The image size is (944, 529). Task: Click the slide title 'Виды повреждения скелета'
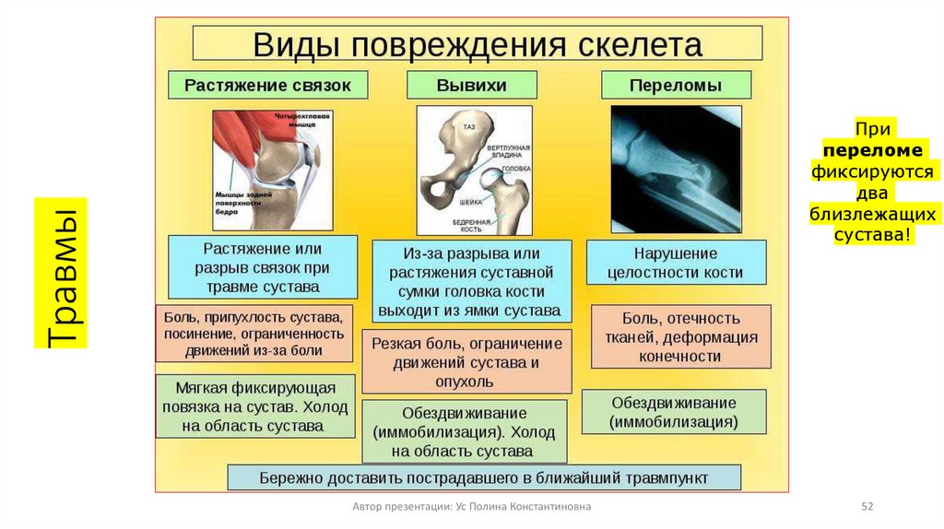[477, 43]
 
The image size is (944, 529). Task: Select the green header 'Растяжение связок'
[267, 85]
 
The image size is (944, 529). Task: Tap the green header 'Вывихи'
[472, 86]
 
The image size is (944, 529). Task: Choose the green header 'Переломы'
[676, 86]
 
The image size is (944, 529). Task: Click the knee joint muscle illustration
[273, 170]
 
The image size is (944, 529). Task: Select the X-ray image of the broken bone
[676, 170]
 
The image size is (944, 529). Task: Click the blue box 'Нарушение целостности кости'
[676, 263]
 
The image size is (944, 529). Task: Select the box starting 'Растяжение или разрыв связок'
[263, 266]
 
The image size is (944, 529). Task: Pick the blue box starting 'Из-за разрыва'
[471, 281]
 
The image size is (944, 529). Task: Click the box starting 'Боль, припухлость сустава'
[254, 333]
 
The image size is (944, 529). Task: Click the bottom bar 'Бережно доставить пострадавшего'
[484, 477]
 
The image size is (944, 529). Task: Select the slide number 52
[866, 508]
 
